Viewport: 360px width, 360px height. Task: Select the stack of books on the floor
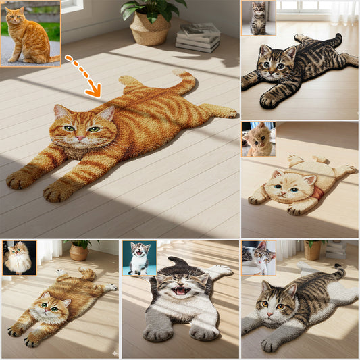[198, 38]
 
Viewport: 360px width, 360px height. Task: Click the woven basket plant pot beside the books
[150, 28]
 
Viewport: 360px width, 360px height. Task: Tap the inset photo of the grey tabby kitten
[258, 18]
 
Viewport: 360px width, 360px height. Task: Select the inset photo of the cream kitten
[259, 139]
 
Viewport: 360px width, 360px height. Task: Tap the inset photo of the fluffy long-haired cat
[18, 258]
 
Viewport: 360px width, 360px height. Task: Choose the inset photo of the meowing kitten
[139, 258]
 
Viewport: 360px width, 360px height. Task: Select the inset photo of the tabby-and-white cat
[259, 257]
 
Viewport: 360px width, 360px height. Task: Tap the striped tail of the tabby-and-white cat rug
[336, 272]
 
